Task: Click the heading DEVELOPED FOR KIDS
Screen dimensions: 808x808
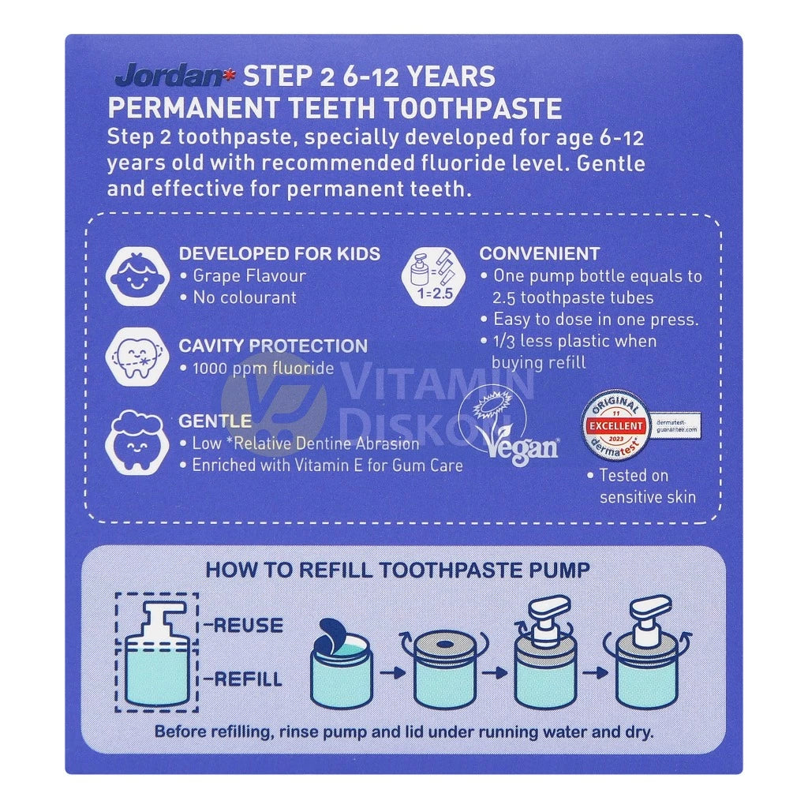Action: click(279, 254)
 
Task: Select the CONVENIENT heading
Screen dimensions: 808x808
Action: click(540, 254)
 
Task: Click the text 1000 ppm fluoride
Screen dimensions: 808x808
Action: click(263, 368)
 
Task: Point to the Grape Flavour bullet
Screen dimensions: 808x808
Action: click(249, 276)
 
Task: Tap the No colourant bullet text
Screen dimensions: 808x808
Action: click(245, 297)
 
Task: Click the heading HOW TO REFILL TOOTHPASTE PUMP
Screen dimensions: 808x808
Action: click(398, 570)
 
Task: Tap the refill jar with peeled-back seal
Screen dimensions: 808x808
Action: click(340, 664)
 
